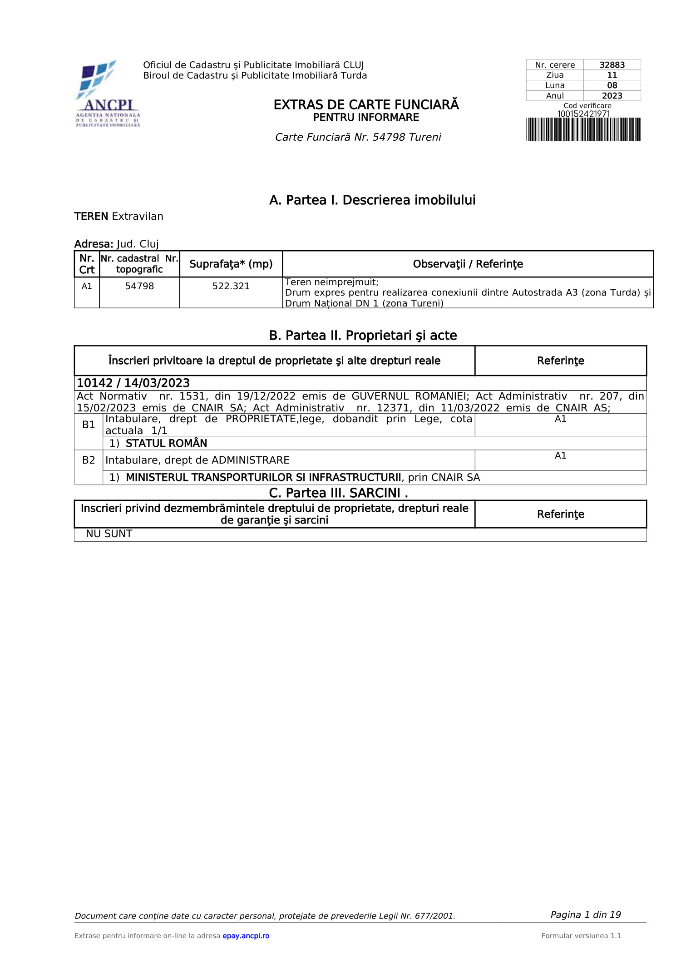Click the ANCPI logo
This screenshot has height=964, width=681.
pos(108,94)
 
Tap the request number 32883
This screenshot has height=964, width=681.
pos(612,65)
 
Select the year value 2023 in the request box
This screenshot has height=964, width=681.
pos(612,96)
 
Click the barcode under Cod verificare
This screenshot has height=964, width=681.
pos(583,129)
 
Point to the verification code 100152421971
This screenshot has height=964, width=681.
pos(583,114)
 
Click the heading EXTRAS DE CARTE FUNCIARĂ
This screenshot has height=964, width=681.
pos(366,105)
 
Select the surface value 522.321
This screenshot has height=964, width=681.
pos(231,286)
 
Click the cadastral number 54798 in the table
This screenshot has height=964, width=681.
pos(139,286)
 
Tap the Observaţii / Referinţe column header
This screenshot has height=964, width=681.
pos(468,264)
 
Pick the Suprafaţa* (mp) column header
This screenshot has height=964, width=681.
pos(231,264)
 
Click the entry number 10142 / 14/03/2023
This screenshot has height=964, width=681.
pos(133,383)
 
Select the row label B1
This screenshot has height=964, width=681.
pos(89,425)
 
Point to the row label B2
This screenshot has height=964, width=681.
pos(89,460)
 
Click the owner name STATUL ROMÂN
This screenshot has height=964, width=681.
pos(166,443)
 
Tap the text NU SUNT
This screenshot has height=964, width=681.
pos(109,534)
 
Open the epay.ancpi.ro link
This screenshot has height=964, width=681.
pos(246,936)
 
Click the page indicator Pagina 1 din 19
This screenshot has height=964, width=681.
pos(585,915)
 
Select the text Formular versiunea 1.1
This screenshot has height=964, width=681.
pos(581,936)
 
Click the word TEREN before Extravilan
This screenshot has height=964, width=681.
pos(91,217)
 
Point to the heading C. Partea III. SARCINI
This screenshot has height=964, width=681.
pos(338,493)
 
